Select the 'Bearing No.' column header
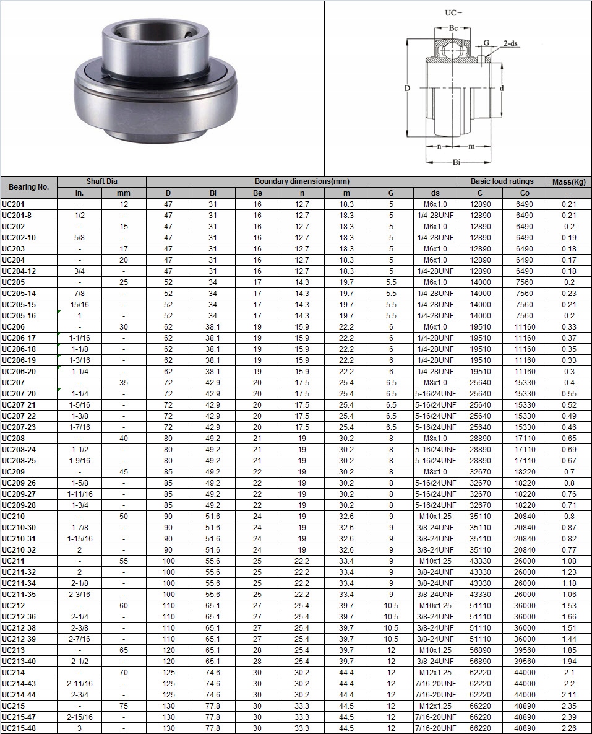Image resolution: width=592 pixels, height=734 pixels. click(x=28, y=187)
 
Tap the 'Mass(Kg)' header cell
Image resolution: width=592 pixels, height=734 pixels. click(x=568, y=181)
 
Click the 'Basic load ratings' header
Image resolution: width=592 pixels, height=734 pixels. click(x=502, y=181)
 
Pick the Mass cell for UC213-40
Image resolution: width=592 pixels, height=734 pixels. click(x=568, y=661)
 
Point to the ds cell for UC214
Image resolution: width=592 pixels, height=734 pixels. click(x=435, y=672)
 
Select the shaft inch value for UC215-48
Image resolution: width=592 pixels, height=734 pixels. click(x=79, y=728)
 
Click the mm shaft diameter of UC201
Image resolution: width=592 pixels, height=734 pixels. click(x=124, y=204)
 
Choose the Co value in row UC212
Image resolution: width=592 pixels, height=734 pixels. click(x=525, y=605)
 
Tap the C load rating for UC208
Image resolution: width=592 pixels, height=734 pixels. click(x=480, y=438)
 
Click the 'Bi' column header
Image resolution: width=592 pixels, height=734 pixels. click(x=213, y=193)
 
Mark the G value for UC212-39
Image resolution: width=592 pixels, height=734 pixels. click(x=391, y=639)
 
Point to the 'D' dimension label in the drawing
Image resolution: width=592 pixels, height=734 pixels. click(x=407, y=89)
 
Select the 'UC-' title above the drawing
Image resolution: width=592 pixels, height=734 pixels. click(x=454, y=12)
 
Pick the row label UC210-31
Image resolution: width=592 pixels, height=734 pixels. click(x=19, y=538)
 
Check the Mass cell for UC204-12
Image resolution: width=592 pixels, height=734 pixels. click(x=568, y=271)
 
